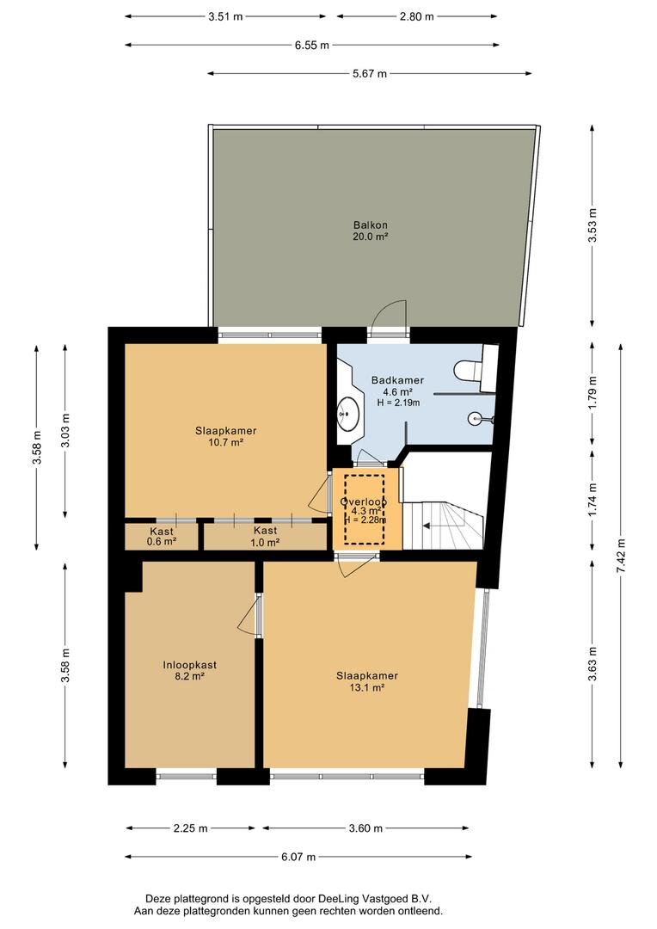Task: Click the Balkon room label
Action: point(371,225)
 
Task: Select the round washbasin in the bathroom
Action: point(347,412)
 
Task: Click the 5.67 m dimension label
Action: point(370,73)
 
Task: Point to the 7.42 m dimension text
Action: point(620,555)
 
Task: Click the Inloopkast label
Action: point(189,665)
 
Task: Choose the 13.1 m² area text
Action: point(367,687)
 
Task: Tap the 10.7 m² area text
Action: point(225,442)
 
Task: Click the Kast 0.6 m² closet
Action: point(161,536)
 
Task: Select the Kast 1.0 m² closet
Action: point(266,536)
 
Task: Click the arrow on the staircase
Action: point(434,525)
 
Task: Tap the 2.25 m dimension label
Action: point(190,828)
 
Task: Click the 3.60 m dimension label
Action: point(365,828)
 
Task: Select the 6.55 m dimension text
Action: point(311,45)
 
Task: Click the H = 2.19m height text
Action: point(398,403)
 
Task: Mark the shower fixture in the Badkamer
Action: point(480,419)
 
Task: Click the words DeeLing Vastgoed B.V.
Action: point(372,899)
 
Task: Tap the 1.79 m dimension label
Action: point(593,392)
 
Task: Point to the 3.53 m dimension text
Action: point(593,225)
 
